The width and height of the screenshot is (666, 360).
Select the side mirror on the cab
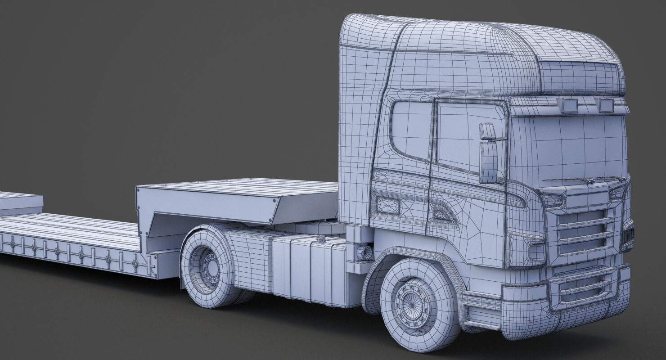coord(488,153)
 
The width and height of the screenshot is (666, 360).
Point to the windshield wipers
coord(580,180)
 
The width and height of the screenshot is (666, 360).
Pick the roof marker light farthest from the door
coord(605,104)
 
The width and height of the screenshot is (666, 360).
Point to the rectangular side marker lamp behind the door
coord(387,205)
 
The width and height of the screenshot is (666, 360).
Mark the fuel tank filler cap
coord(322,239)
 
